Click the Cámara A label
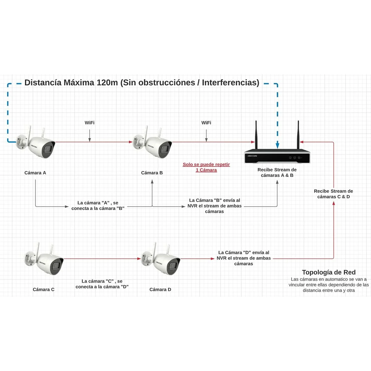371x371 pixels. click(35, 173)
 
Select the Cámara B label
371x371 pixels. click(152, 173)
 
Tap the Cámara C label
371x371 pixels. click(44, 289)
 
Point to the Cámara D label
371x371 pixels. click(160, 289)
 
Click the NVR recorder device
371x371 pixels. click(277, 157)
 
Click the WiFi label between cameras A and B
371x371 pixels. click(90, 123)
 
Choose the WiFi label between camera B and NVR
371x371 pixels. click(206, 123)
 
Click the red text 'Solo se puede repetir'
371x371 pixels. click(206, 164)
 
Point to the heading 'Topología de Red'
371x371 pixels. click(329, 272)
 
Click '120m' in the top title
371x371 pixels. click(107, 83)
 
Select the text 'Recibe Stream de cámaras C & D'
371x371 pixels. click(333, 194)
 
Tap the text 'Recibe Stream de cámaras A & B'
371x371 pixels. click(277, 173)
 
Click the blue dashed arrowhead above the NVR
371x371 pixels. click(278, 145)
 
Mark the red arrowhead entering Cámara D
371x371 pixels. click(139, 259)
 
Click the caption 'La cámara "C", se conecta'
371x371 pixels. click(102, 284)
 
